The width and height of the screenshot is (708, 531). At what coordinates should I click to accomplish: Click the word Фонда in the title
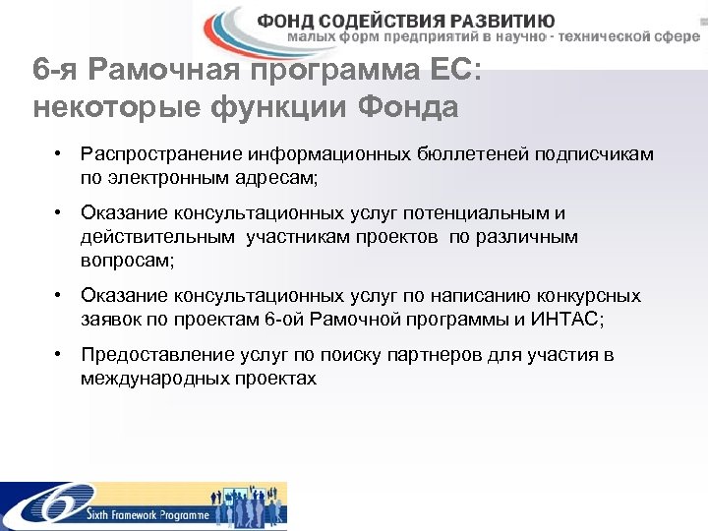point(409,107)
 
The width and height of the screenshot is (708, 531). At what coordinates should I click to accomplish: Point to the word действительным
point(158,237)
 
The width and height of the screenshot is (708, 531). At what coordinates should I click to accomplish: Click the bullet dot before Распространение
point(60,155)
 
